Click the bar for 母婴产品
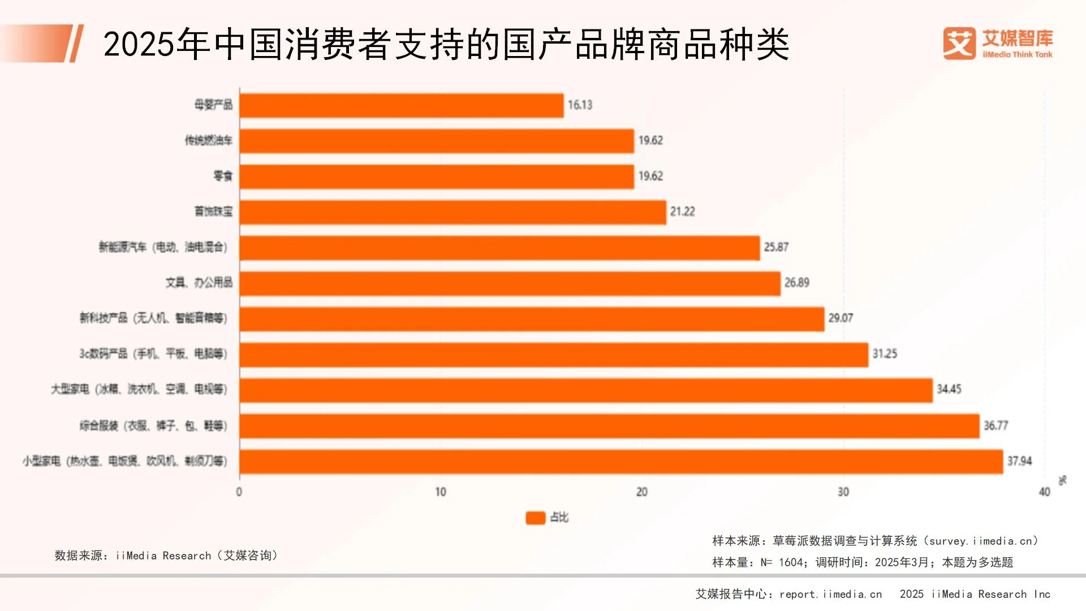[x=402, y=105]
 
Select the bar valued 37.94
[x=621, y=462]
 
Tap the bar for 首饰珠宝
[x=453, y=212]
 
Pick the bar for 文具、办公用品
[x=510, y=283]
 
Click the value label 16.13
[x=580, y=105]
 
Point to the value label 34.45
[x=949, y=389]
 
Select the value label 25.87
[x=775, y=247]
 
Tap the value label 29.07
[x=841, y=319]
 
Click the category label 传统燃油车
[x=208, y=140]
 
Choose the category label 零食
[x=223, y=176]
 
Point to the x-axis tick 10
[x=441, y=492]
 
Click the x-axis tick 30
[x=843, y=492]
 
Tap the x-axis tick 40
[x=1044, y=492]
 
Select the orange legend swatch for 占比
[x=535, y=518]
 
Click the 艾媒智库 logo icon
[x=959, y=44]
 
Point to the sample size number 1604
[x=791, y=562]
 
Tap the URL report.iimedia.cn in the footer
[x=830, y=594]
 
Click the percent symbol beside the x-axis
[x=1062, y=480]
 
